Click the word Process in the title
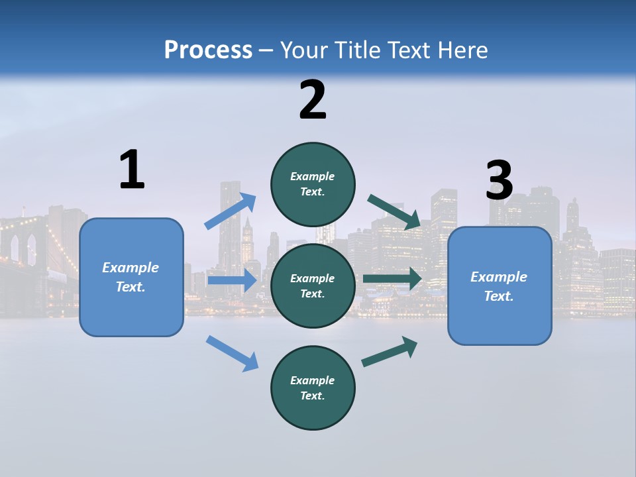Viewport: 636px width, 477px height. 208,50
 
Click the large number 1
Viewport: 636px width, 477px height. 132,170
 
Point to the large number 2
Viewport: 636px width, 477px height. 313,100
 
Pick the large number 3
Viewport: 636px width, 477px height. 499,181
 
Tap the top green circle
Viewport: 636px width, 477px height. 313,184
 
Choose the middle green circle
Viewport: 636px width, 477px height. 313,286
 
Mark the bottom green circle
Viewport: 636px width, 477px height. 313,388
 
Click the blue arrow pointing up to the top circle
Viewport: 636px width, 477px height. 231,211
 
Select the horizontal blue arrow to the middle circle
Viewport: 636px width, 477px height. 232,280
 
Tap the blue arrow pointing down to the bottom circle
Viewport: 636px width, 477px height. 232,352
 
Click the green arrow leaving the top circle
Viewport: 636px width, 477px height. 395,211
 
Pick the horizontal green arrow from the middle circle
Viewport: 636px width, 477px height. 392,278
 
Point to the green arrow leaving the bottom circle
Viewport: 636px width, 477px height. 390,351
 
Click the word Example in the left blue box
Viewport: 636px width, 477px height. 131,268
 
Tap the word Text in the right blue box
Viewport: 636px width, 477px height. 498,296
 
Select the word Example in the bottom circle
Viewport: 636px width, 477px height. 313,380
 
